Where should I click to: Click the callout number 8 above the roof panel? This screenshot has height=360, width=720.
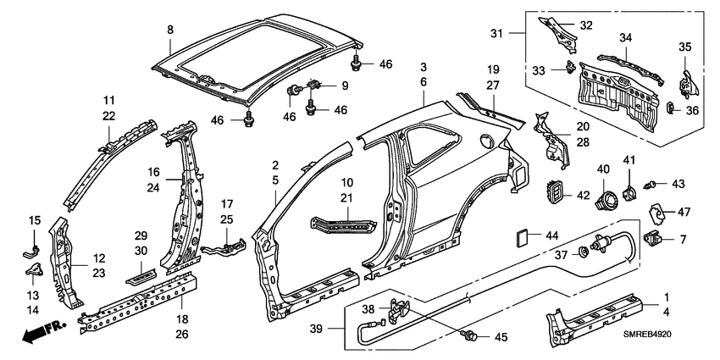tap(170, 30)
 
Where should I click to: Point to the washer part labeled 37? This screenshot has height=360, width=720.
tap(584, 252)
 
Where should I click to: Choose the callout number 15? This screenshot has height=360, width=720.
tap(35, 221)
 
